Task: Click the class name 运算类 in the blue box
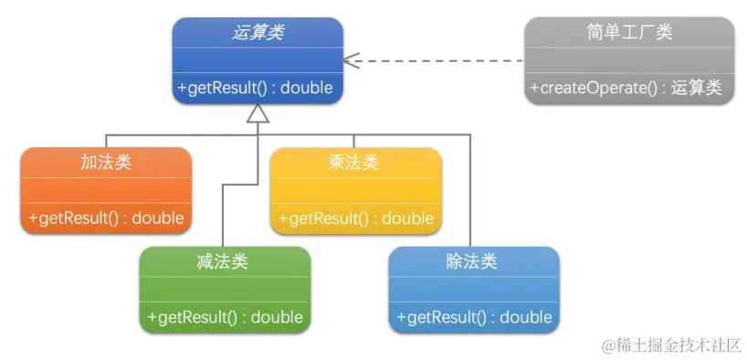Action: (x=258, y=32)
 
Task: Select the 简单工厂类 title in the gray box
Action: (x=629, y=32)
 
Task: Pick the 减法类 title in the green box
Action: (x=224, y=261)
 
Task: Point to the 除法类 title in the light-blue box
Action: (x=473, y=261)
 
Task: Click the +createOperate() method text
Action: (x=626, y=88)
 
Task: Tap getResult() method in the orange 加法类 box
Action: (x=106, y=218)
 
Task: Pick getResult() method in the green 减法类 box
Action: (x=225, y=317)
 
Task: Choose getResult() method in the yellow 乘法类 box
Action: (x=355, y=218)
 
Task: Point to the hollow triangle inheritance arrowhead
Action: (x=258, y=113)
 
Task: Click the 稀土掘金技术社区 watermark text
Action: (x=670, y=344)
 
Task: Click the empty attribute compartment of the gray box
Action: (x=629, y=60)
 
